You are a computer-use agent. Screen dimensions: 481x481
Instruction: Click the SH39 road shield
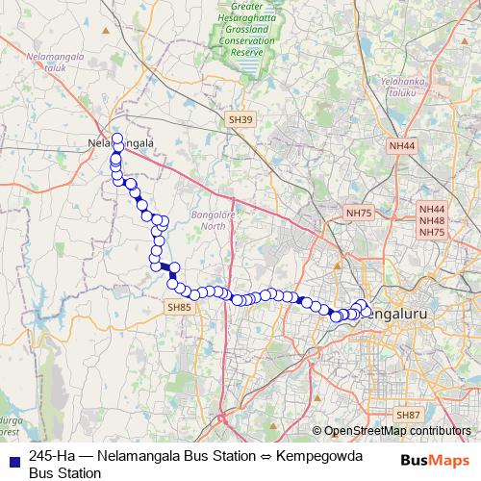click(240, 119)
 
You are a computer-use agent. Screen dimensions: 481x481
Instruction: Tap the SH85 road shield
click(179, 307)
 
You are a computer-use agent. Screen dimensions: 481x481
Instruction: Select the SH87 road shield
click(408, 414)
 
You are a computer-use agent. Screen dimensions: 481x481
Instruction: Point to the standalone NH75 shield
click(358, 213)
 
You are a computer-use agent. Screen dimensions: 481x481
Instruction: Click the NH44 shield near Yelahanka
click(403, 146)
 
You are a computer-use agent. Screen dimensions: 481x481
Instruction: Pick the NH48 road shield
click(432, 220)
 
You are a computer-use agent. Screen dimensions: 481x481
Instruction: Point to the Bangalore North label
click(208, 219)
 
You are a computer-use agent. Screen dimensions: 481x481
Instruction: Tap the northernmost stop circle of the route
click(118, 139)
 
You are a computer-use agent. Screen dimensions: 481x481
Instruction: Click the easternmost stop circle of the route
click(367, 310)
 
